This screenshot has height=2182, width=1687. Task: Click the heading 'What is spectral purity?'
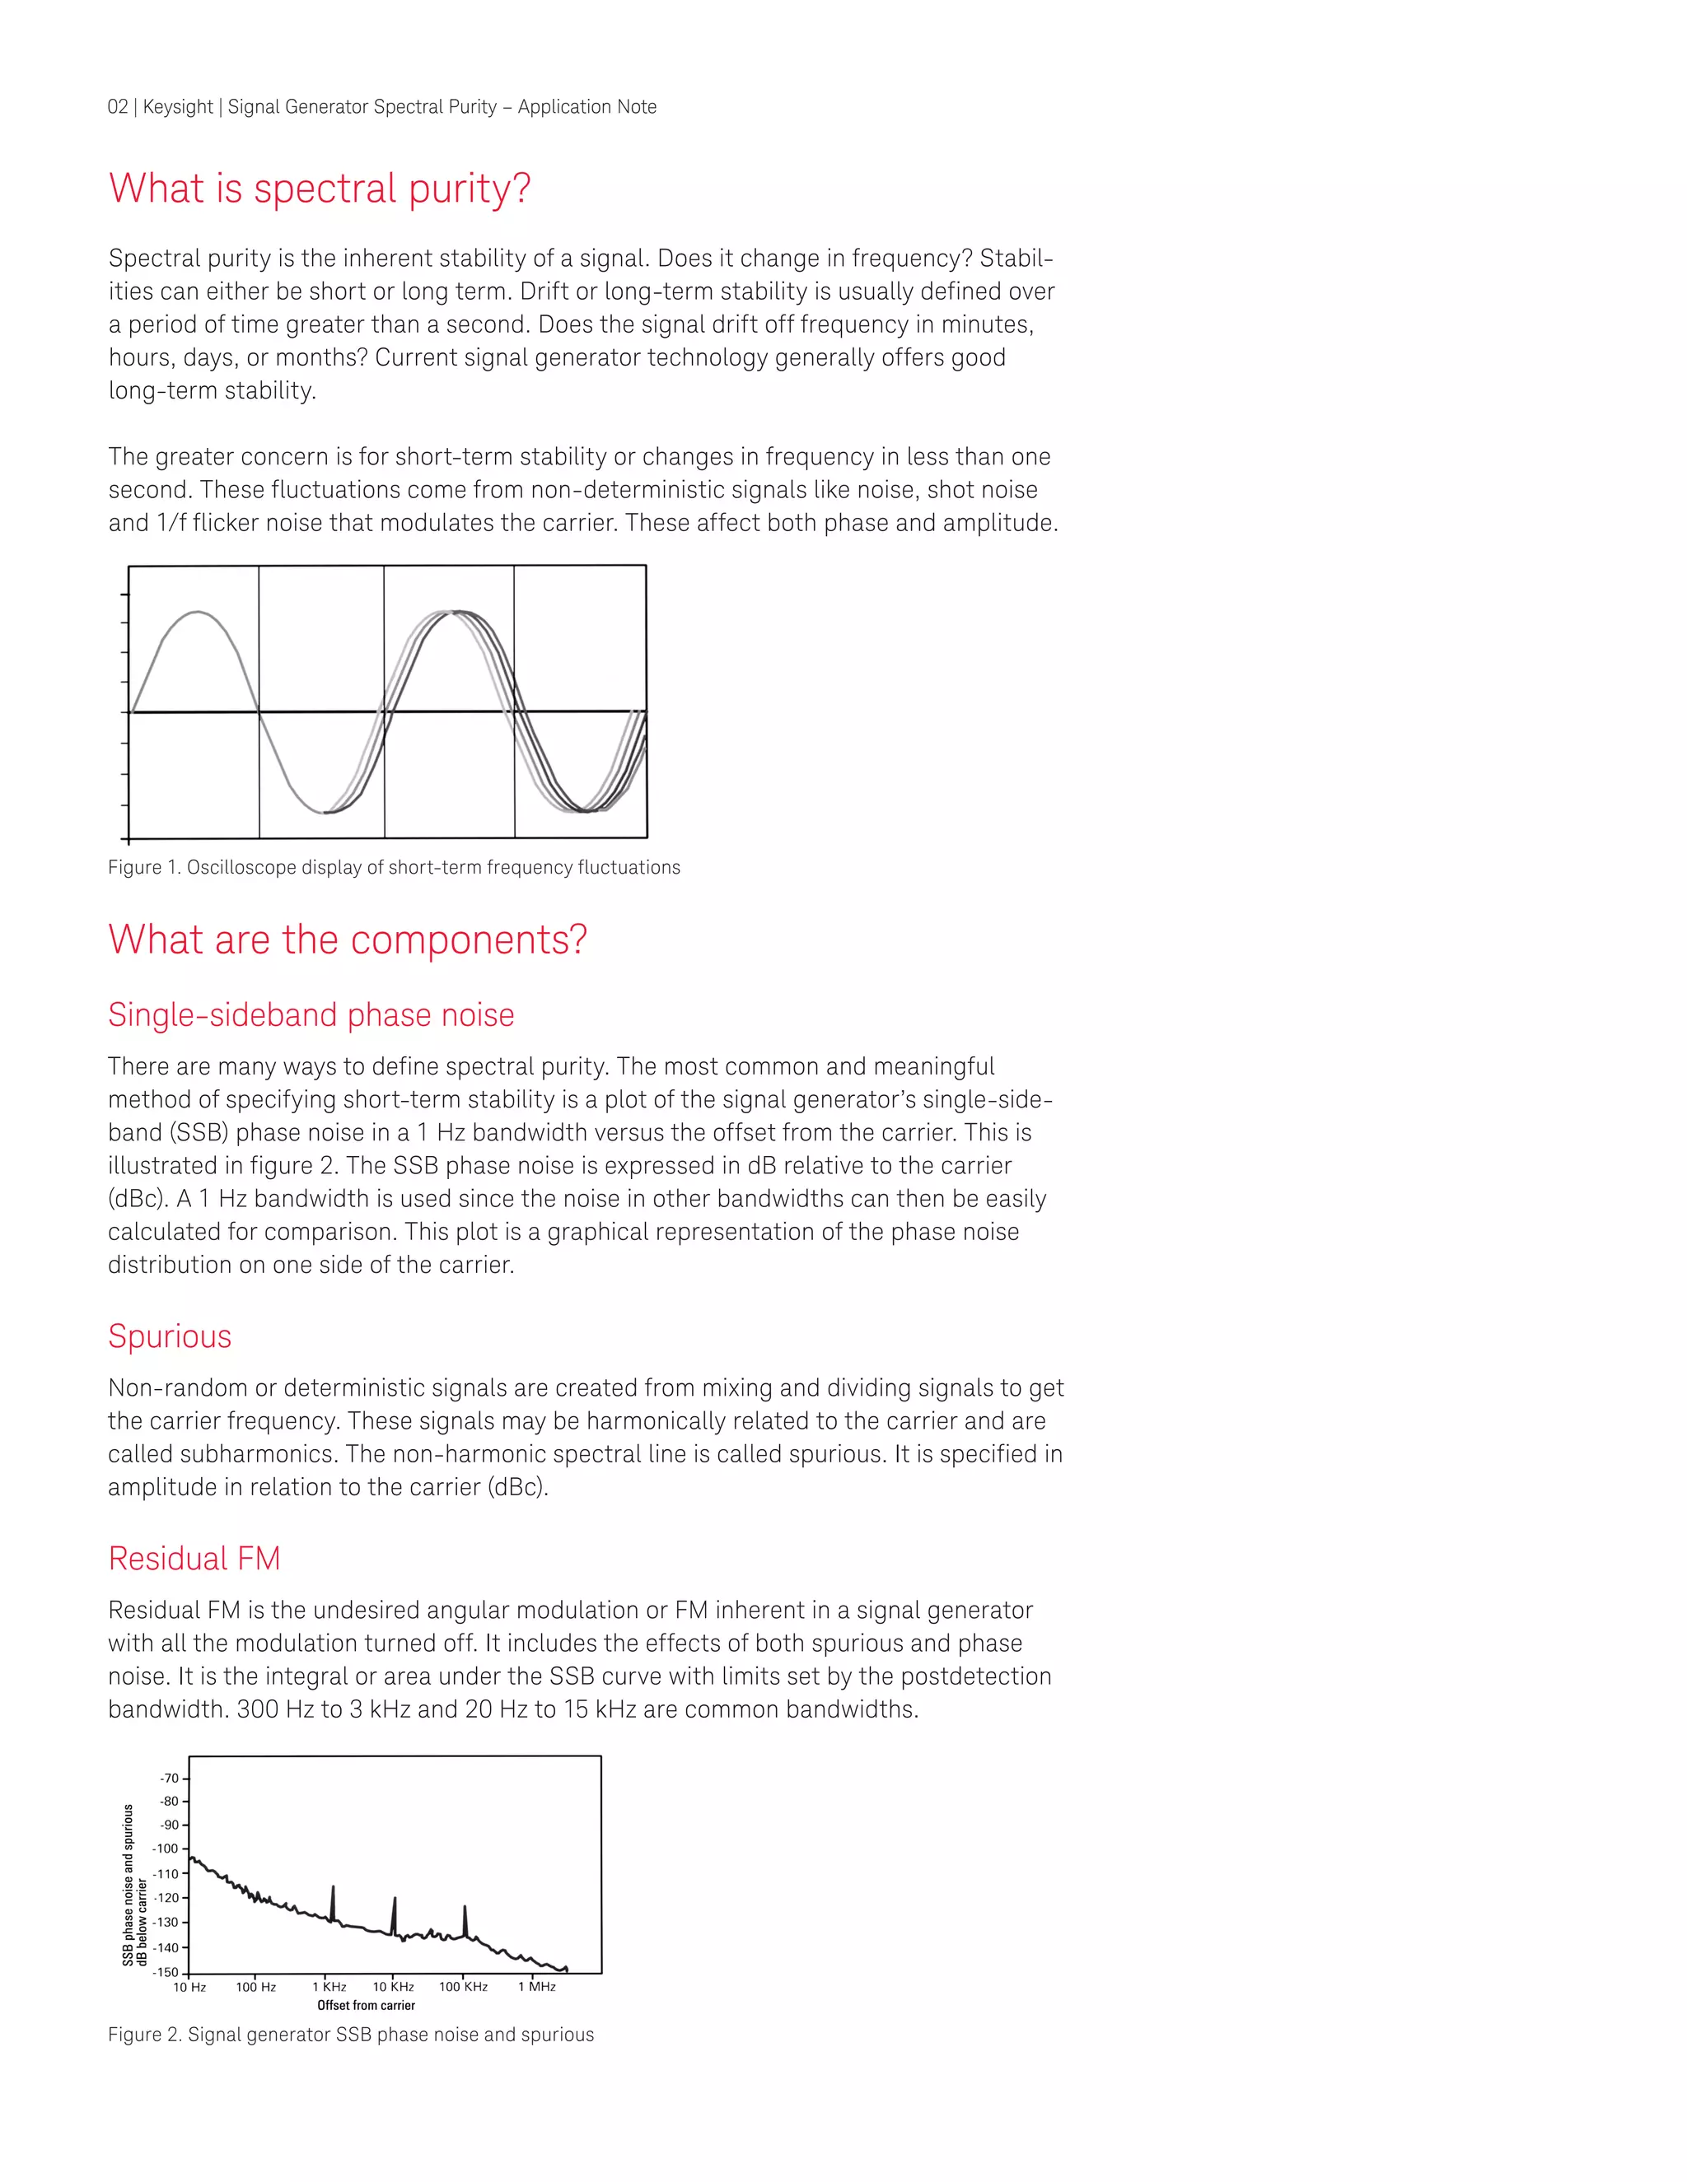pyautogui.click(x=319, y=189)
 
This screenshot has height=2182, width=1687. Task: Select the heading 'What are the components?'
pyautogui.click(x=347, y=940)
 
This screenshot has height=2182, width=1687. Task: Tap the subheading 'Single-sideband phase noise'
pyautogui.click(x=311, y=1015)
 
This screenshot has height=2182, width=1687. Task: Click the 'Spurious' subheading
pyautogui.click(x=170, y=1336)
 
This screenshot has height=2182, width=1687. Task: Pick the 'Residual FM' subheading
pyautogui.click(x=194, y=1559)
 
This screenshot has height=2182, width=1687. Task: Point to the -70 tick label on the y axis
pyautogui.click(x=169, y=1779)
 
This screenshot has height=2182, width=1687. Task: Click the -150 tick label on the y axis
pyautogui.click(x=166, y=1972)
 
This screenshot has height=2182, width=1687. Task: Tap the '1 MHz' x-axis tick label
pyautogui.click(x=537, y=1987)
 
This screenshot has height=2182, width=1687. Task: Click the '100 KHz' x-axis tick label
pyautogui.click(x=463, y=1987)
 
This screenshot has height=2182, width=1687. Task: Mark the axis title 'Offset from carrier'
pyautogui.click(x=366, y=2005)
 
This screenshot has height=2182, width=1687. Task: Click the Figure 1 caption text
pyautogui.click(x=394, y=867)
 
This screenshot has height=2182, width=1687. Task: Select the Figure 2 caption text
pyautogui.click(x=351, y=2035)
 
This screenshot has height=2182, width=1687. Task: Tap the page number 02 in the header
pyautogui.click(x=117, y=107)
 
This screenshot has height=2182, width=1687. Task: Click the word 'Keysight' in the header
pyautogui.click(x=178, y=107)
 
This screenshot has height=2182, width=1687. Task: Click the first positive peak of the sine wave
pyautogui.click(x=198, y=612)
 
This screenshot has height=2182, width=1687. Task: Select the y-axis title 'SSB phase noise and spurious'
pyautogui.click(x=128, y=1884)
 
